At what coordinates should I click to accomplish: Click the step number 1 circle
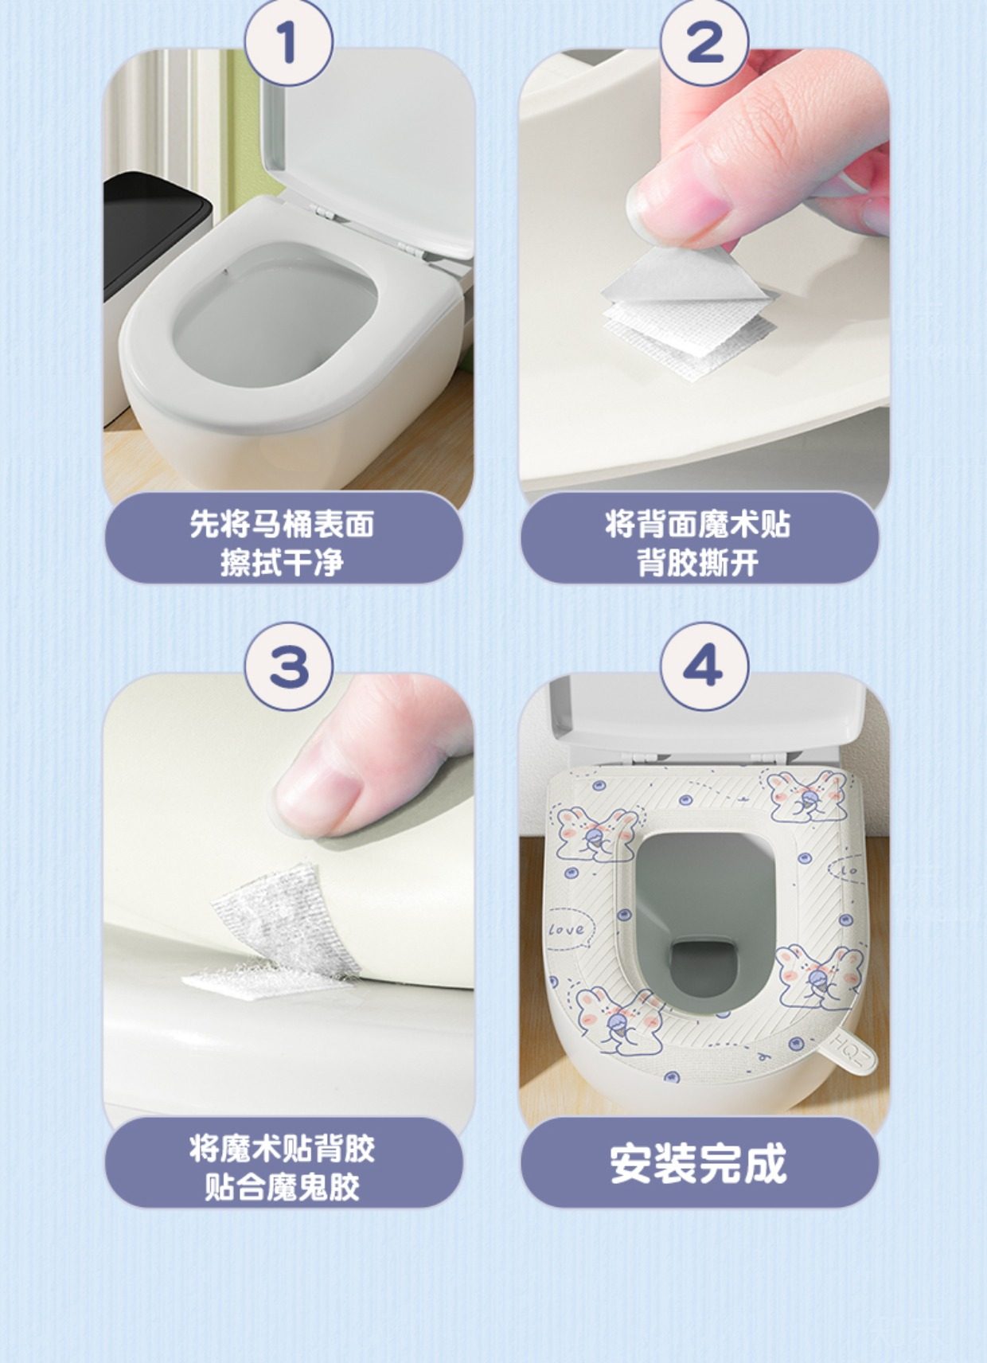(x=288, y=43)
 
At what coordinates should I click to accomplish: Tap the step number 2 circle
(x=704, y=43)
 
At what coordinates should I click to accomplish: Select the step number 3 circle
(x=288, y=666)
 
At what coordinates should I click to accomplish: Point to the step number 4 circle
(x=704, y=666)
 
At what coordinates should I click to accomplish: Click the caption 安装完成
(x=698, y=1163)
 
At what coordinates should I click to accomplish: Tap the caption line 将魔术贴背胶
(x=282, y=1149)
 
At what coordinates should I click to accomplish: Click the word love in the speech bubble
(x=566, y=930)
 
